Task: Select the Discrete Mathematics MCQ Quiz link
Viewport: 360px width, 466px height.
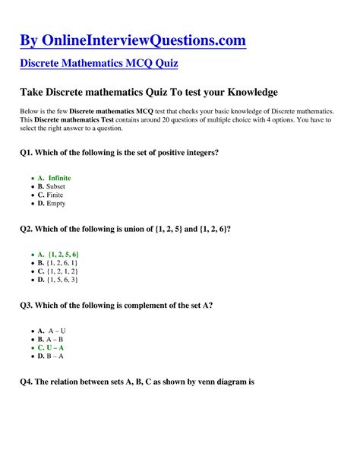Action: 99,63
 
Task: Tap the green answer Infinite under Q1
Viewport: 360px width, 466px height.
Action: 59,178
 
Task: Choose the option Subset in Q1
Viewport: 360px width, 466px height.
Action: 56,186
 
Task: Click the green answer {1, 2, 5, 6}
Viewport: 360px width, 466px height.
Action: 63,254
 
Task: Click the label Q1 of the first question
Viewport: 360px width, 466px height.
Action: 27,153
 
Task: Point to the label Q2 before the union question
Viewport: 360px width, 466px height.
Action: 27,229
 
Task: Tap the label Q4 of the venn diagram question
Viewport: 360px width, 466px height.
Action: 27,382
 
